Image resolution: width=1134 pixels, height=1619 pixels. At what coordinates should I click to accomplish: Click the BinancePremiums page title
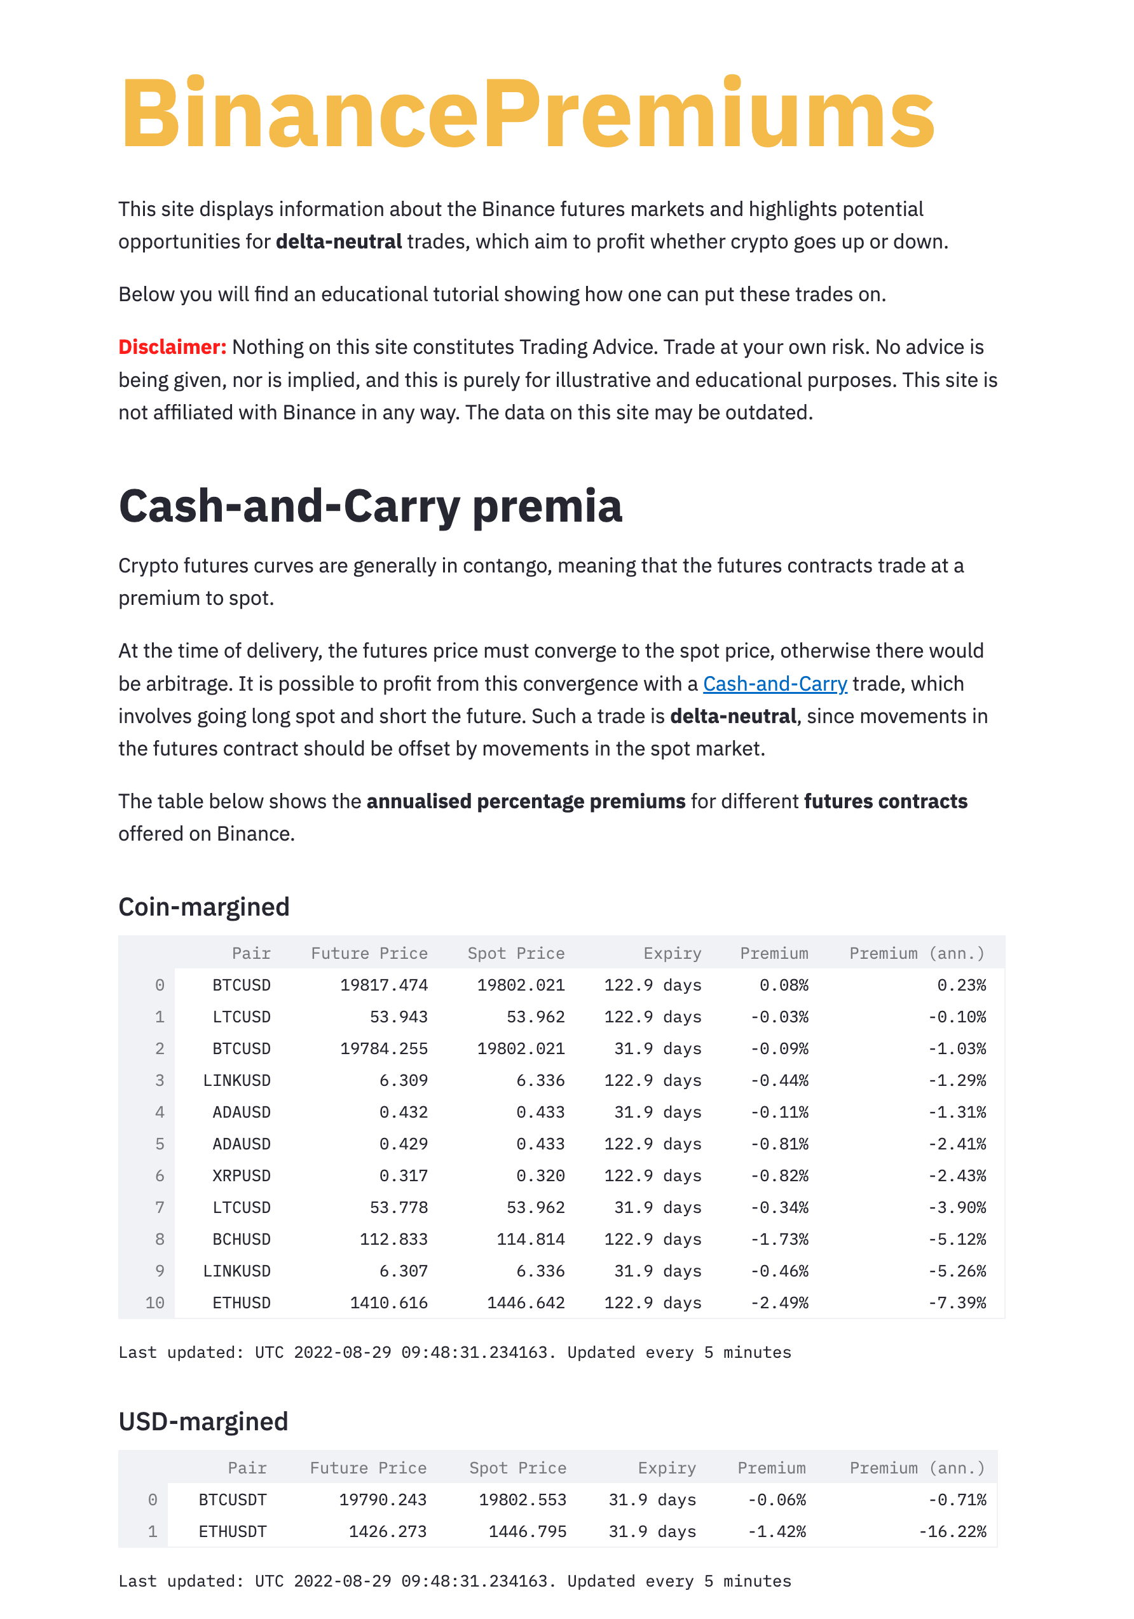(x=527, y=114)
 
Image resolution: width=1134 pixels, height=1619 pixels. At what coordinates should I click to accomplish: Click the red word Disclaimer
(x=172, y=347)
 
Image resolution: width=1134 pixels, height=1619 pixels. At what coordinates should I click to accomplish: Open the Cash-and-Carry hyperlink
(x=774, y=683)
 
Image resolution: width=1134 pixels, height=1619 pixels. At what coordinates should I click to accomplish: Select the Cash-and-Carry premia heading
(x=370, y=506)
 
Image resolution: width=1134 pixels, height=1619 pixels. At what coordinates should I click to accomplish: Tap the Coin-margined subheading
(x=204, y=907)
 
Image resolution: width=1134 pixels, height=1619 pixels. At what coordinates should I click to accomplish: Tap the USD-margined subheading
(x=203, y=1421)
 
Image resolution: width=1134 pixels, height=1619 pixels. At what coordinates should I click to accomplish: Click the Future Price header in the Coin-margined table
(x=369, y=953)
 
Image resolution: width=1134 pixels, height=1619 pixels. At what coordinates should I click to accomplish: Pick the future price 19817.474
(x=384, y=985)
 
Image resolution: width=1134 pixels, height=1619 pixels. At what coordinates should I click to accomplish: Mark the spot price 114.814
(x=530, y=1239)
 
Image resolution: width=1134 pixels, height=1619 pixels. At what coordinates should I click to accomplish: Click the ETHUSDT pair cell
(x=232, y=1531)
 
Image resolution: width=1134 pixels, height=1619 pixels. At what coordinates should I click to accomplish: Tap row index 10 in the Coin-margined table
(x=154, y=1303)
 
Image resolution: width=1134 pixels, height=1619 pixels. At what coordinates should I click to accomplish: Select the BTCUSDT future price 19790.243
(x=382, y=1500)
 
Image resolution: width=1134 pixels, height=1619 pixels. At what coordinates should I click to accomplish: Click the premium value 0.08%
(x=784, y=985)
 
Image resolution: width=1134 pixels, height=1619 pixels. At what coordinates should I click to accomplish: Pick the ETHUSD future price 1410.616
(x=388, y=1303)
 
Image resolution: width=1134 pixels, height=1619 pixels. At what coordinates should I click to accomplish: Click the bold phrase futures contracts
(x=885, y=801)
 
